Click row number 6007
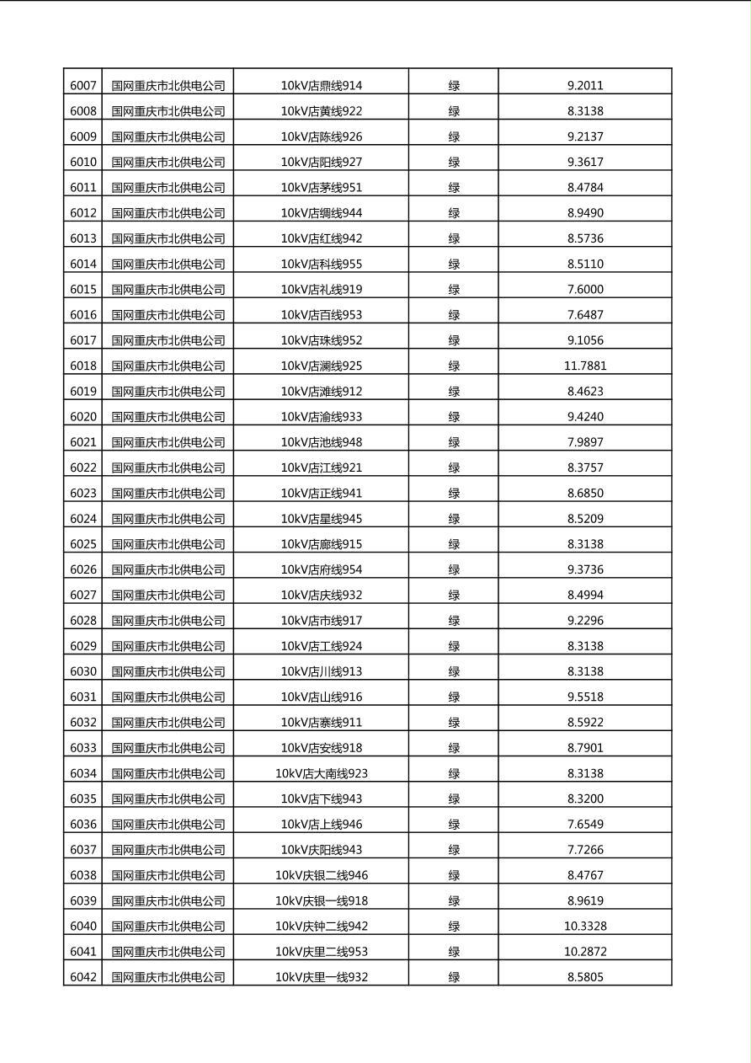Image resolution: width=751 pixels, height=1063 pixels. [x=83, y=85]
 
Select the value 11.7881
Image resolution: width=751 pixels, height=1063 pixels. [x=585, y=366]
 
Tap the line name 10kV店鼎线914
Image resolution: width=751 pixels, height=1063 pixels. [x=322, y=85]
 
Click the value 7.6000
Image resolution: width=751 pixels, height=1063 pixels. [x=585, y=289]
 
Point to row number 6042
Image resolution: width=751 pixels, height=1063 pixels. [x=83, y=977]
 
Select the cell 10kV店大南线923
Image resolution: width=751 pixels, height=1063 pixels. [x=322, y=773]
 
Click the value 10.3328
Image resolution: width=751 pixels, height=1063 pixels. [x=585, y=926]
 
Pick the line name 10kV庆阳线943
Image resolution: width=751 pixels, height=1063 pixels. [x=322, y=849]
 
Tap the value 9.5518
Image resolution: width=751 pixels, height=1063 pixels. [x=585, y=697]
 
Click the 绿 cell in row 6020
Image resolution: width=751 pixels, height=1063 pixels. [x=454, y=416]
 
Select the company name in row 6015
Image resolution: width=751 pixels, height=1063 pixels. [x=168, y=289]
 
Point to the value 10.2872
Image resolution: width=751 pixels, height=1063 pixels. [x=585, y=951]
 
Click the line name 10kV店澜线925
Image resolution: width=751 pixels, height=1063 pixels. [x=322, y=366]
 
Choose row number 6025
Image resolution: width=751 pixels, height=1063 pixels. [x=83, y=544]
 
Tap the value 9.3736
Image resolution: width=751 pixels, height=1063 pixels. [x=585, y=569]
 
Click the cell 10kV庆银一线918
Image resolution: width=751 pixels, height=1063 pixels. [x=322, y=900]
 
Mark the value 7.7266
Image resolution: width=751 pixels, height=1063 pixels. [x=585, y=849]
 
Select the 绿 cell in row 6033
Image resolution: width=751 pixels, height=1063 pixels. [x=454, y=747]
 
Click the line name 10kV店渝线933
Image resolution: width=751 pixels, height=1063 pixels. [x=322, y=416]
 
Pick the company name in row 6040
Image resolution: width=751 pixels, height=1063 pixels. [x=168, y=926]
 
